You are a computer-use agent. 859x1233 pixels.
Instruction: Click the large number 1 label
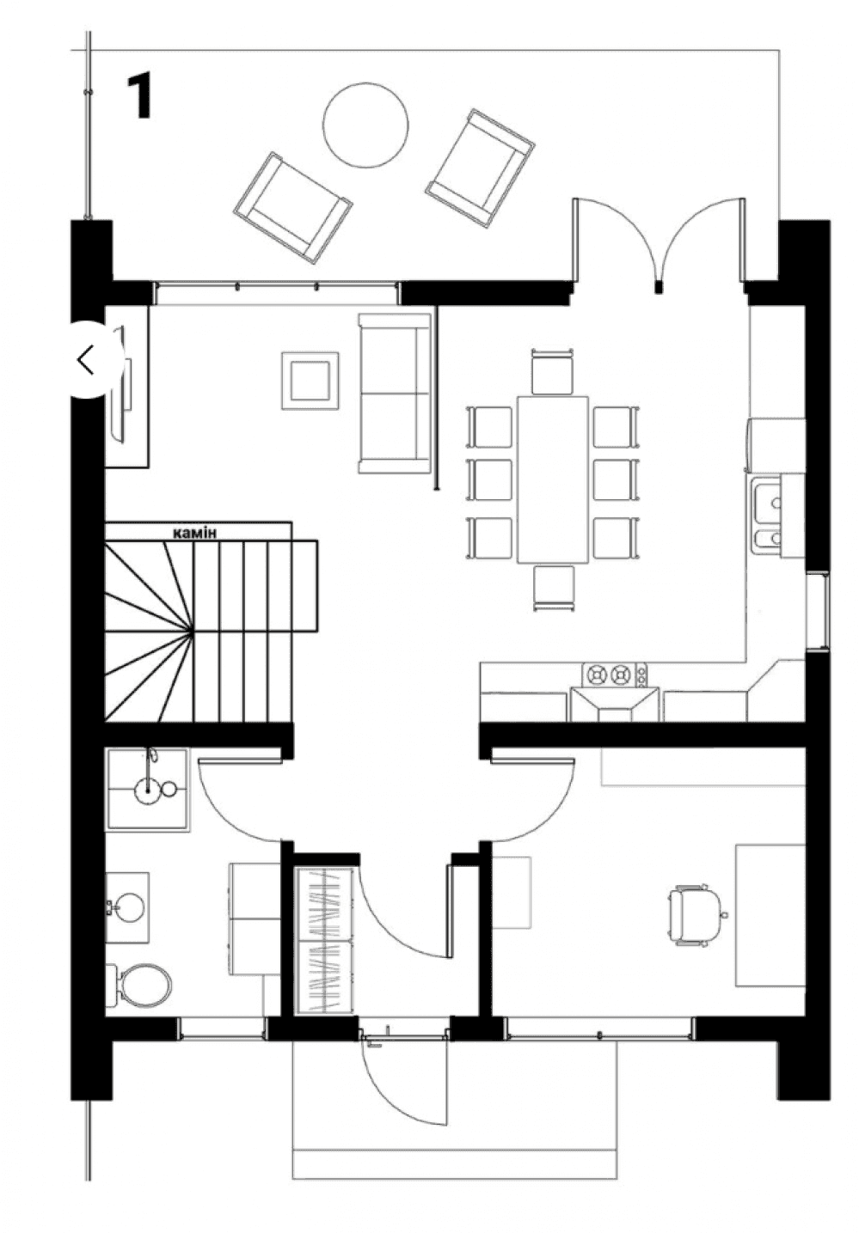(x=140, y=96)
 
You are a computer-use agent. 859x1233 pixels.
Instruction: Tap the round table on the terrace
(x=365, y=125)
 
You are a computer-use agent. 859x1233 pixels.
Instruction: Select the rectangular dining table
(x=553, y=479)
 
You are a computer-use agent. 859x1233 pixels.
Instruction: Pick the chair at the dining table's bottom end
(x=553, y=588)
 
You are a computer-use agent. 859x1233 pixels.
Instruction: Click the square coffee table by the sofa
(x=310, y=381)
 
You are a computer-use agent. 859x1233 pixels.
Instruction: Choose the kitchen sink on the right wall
(x=766, y=517)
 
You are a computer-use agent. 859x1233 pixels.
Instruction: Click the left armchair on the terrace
(x=292, y=208)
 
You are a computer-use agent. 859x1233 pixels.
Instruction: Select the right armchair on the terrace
(x=481, y=168)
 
